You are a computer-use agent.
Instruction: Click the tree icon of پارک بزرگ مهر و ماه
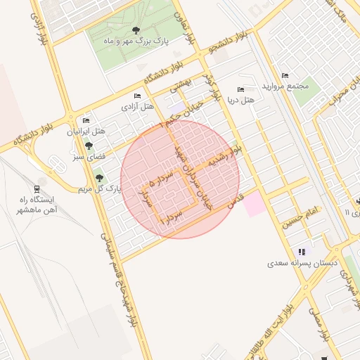point(136,30)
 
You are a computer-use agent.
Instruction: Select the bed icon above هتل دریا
point(241,90)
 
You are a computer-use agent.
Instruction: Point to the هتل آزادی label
point(138,106)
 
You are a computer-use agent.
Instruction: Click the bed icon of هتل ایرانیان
point(86,121)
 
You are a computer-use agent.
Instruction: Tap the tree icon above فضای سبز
point(89,146)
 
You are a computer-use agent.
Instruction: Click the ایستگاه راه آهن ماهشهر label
point(39,204)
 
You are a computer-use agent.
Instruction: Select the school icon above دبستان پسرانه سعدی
point(302,252)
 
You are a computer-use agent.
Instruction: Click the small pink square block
point(255,205)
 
